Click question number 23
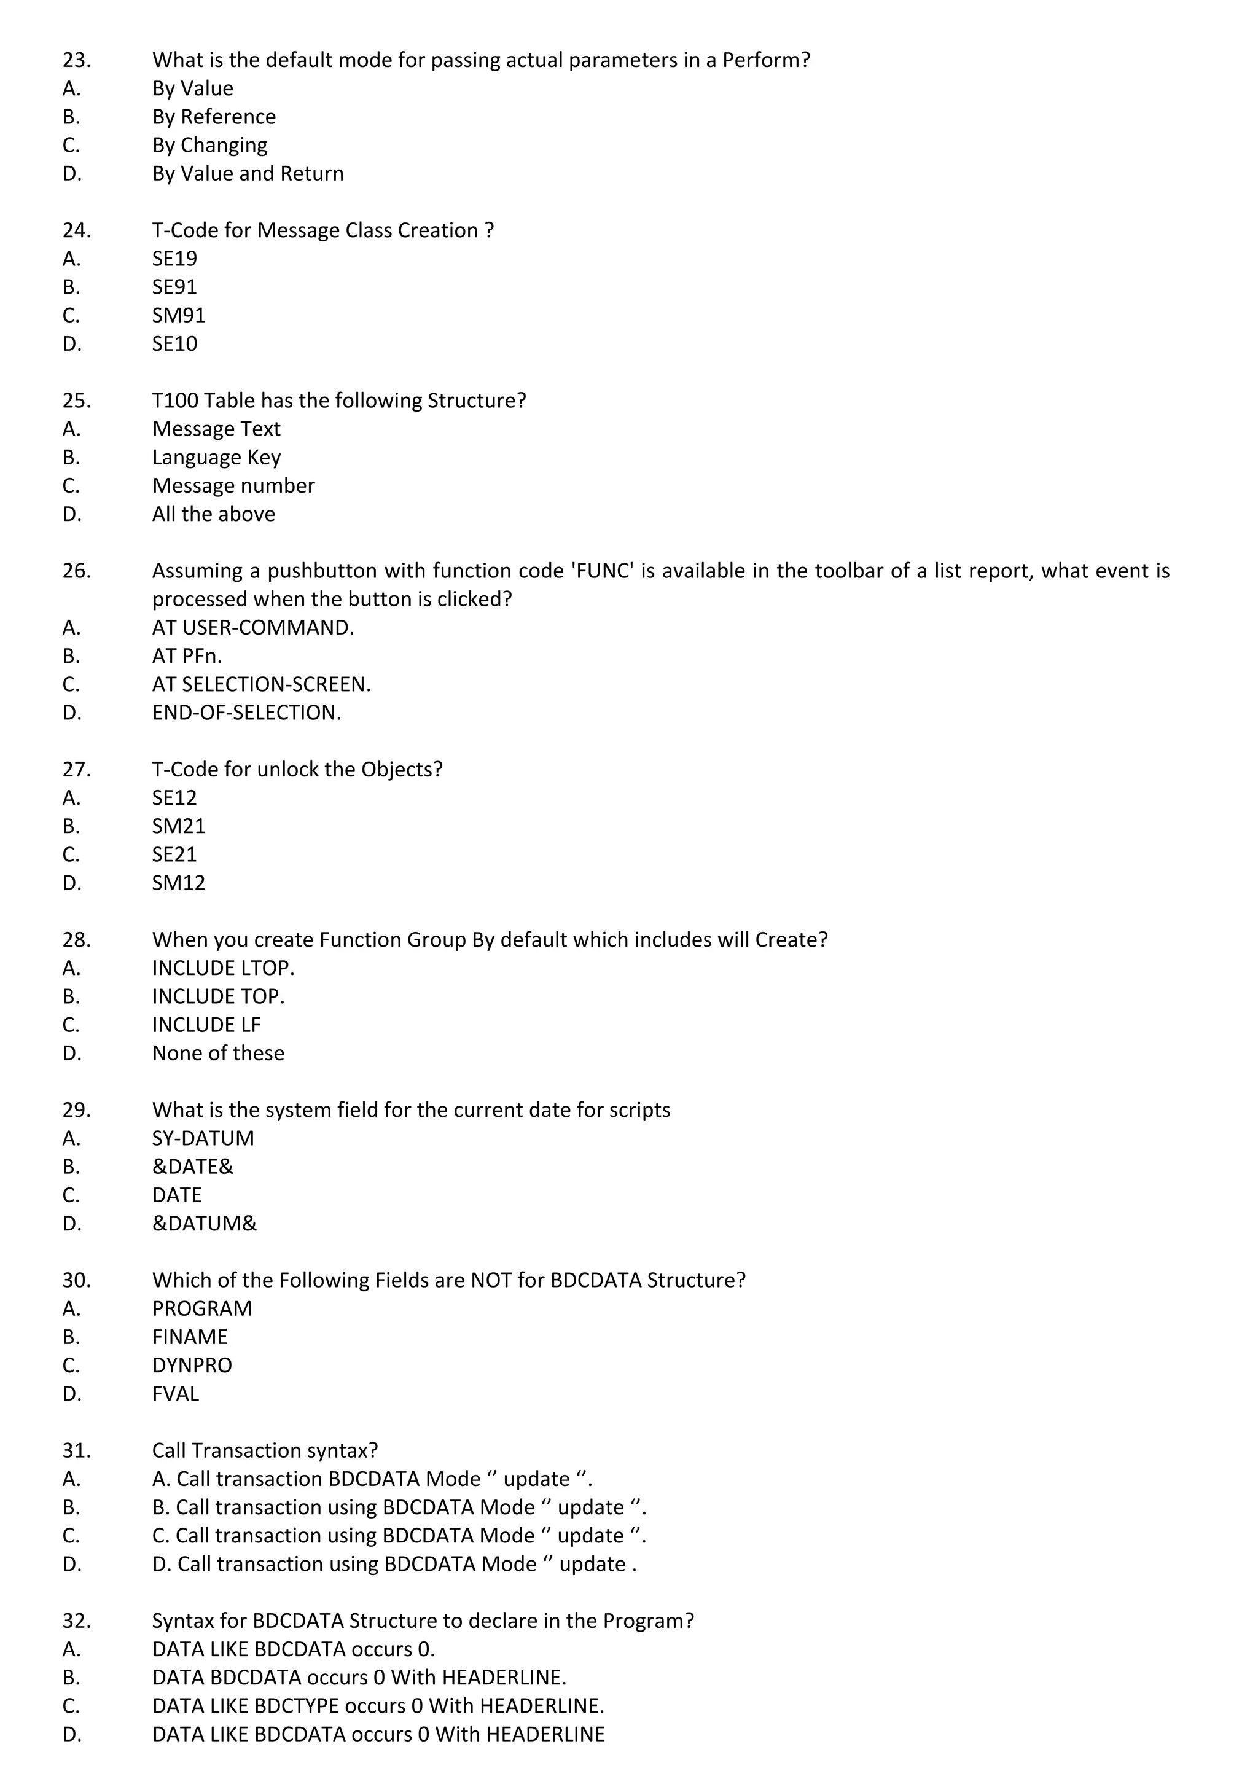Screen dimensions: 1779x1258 76,60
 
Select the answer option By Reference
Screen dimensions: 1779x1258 214,116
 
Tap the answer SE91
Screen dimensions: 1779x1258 174,287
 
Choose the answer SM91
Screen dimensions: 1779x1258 178,315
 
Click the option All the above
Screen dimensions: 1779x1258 213,514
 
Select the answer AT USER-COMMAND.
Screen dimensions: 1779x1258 252,628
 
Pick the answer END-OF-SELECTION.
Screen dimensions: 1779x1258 246,713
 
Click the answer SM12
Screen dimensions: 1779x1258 178,883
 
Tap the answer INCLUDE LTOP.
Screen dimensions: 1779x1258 223,968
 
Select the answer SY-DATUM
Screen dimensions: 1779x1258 203,1138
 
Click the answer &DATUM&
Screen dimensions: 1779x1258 204,1224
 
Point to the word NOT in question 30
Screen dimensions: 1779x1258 491,1280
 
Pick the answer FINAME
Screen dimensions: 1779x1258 190,1337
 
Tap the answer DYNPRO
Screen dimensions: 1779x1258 192,1365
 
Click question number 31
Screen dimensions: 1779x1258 76,1450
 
